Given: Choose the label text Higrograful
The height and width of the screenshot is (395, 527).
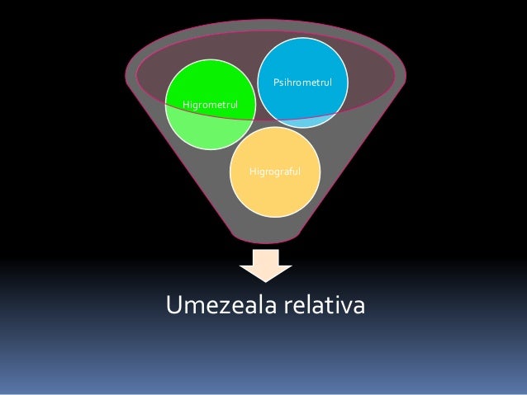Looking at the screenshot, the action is click(275, 172).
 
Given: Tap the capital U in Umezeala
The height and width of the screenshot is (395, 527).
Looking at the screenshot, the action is click(173, 305).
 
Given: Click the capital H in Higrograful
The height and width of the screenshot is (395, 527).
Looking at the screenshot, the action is click(252, 172).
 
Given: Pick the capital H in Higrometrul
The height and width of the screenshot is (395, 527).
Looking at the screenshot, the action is click(185, 105).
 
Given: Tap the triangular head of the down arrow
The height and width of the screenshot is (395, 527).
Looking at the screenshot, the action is click(265, 273).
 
